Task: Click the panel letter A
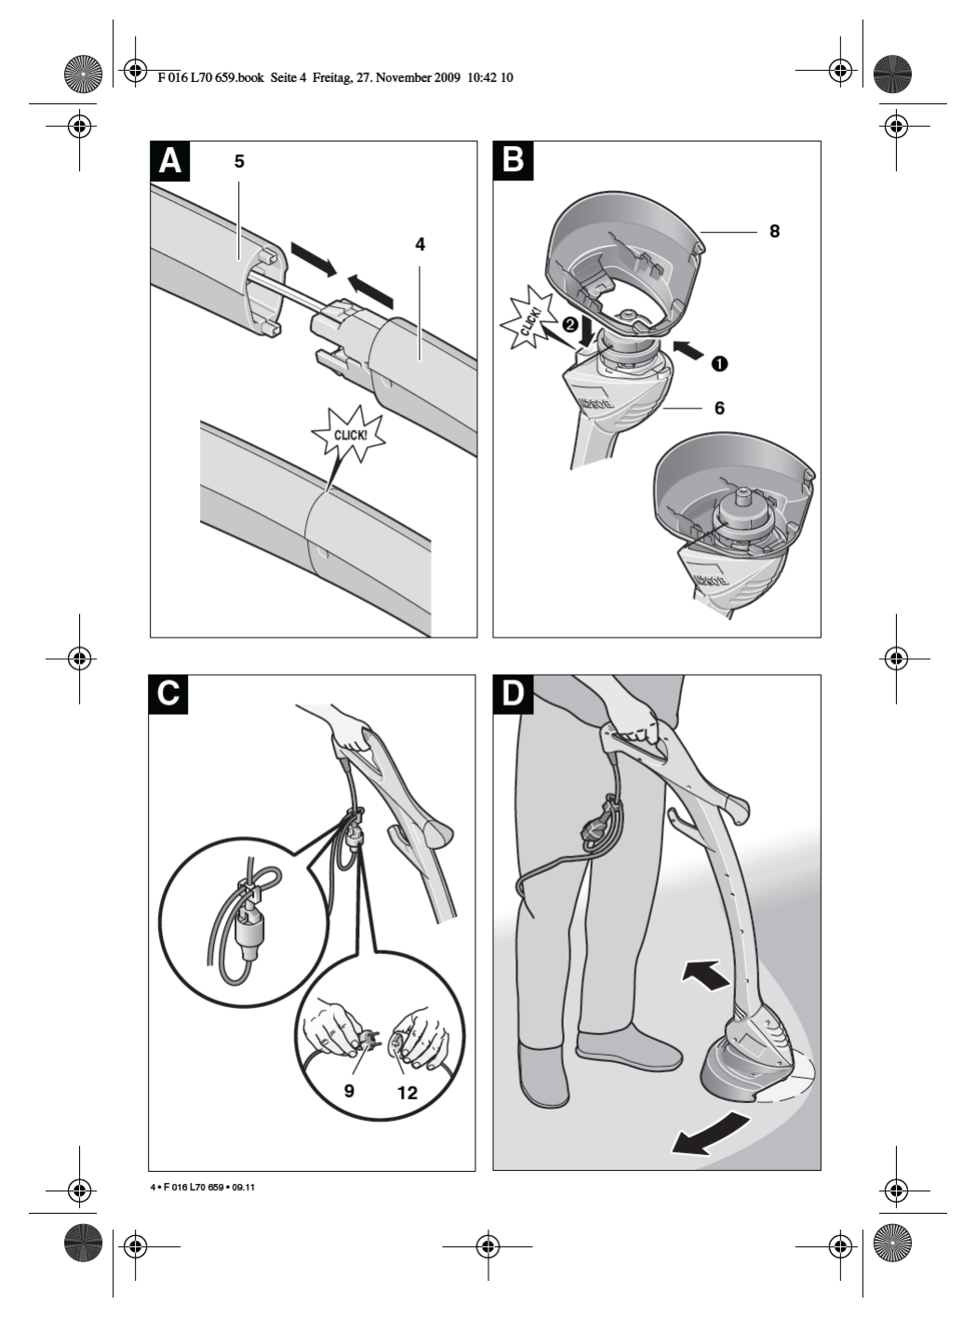(169, 160)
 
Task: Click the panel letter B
(512, 160)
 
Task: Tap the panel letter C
(168, 694)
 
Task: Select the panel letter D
(512, 694)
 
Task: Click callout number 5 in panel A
(239, 162)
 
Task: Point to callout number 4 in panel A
(420, 244)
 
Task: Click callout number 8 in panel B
(774, 231)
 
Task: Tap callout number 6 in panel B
(719, 408)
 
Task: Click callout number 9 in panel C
(349, 1089)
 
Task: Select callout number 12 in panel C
(408, 1092)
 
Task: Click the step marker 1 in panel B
(719, 363)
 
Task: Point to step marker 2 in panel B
(569, 326)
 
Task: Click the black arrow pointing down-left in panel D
(709, 1135)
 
